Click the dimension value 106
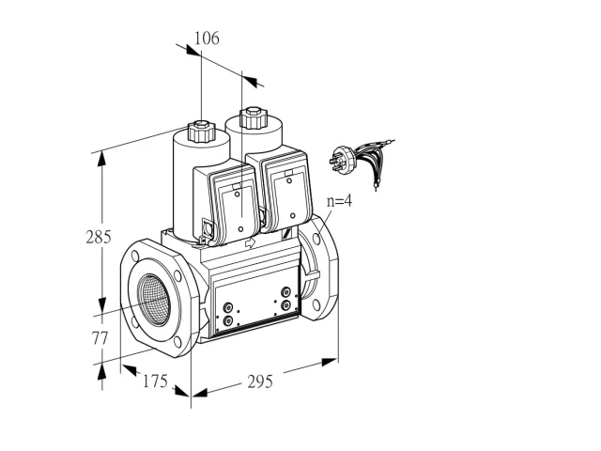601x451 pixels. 207,39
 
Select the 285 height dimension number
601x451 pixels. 99,237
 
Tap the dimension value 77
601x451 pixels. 100,338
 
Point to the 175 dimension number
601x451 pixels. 155,381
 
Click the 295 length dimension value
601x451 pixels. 260,381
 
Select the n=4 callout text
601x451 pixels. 339,201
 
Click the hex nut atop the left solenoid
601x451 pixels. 201,132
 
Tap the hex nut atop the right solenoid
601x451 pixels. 253,118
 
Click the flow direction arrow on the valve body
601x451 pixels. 250,242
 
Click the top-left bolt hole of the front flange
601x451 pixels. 135,256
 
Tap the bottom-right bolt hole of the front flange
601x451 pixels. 177,342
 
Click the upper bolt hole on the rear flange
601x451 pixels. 316,239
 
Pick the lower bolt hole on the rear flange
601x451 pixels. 316,304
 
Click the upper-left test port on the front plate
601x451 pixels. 228,307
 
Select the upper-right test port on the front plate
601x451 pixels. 285,292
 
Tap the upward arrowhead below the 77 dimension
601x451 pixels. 101,372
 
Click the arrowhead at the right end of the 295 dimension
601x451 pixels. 330,362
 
